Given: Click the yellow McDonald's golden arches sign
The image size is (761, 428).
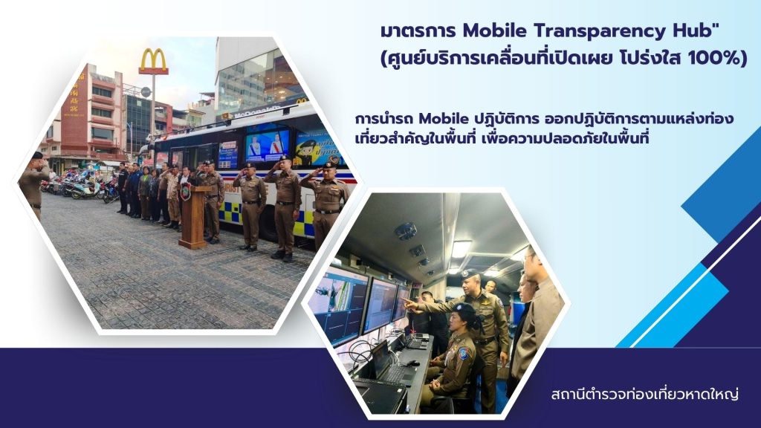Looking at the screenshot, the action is [x=153, y=61].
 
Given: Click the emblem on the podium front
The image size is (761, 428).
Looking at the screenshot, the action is [x=185, y=192].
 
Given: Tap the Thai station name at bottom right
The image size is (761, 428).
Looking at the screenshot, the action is [x=645, y=394].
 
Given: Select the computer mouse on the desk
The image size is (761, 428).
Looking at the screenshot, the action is [x=413, y=363].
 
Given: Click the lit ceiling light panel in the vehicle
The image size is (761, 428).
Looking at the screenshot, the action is [x=460, y=249].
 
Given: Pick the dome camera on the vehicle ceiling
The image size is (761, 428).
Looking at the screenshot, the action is [x=405, y=231].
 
